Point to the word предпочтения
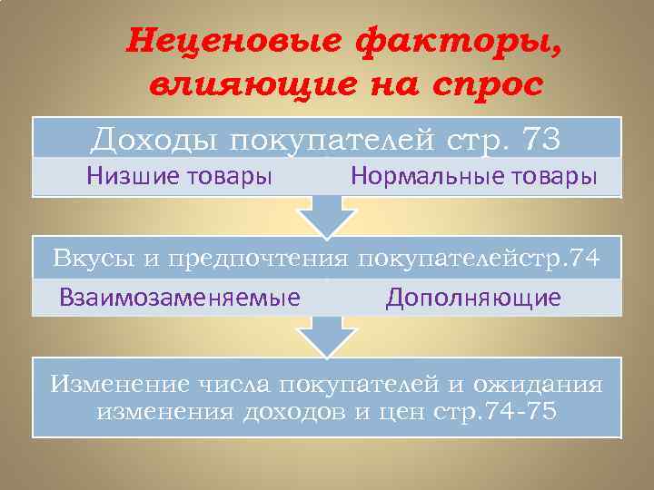coord(237,259)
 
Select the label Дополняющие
coord(473,297)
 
